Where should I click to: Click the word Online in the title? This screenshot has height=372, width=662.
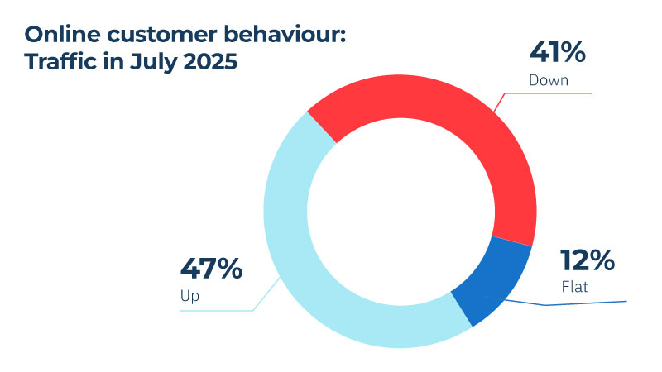[x=58, y=36]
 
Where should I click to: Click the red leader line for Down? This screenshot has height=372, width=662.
[x=546, y=93]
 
